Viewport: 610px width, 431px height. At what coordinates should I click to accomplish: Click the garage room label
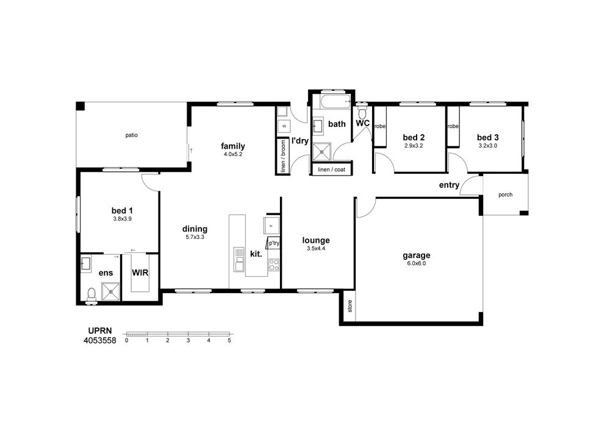pyautogui.click(x=416, y=255)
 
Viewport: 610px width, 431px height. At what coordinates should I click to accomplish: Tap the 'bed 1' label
pyautogui.click(x=122, y=211)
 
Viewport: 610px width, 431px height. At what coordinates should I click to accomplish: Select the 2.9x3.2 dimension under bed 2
pyautogui.click(x=414, y=146)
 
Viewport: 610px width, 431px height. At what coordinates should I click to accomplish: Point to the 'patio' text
pyautogui.click(x=132, y=135)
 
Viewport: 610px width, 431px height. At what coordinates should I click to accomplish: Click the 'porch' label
pyautogui.click(x=505, y=194)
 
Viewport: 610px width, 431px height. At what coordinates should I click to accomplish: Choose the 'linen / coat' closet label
pyautogui.click(x=331, y=170)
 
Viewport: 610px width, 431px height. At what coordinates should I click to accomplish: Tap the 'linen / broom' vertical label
pyautogui.click(x=283, y=155)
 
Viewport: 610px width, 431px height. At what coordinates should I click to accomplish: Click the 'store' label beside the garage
pyautogui.click(x=350, y=306)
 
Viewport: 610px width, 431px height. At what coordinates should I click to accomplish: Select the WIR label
pyautogui.click(x=140, y=272)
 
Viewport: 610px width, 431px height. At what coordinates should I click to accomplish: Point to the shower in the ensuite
pyautogui.click(x=111, y=291)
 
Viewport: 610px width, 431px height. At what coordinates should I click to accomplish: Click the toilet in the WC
pyautogui.click(x=362, y=112)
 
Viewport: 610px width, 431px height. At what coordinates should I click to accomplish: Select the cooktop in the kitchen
pyautogui.click(x=274, y=265)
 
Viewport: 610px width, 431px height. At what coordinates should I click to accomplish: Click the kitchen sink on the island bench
pyautogui.click(x=239, y=259)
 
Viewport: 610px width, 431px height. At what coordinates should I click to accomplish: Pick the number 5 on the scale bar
pyautogui.click(x=229, y=340)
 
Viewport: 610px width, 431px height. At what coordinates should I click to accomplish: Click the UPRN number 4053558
pyautogui.click(x=100, y=341)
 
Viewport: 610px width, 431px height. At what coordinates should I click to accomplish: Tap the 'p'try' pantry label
pyautogui.click(x=274, y=243)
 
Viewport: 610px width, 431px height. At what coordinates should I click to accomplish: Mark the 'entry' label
pyautogui.click(x=450, y=185)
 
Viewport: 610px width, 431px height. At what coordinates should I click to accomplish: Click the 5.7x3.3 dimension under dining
pyautogui.click(x=195, y=237)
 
